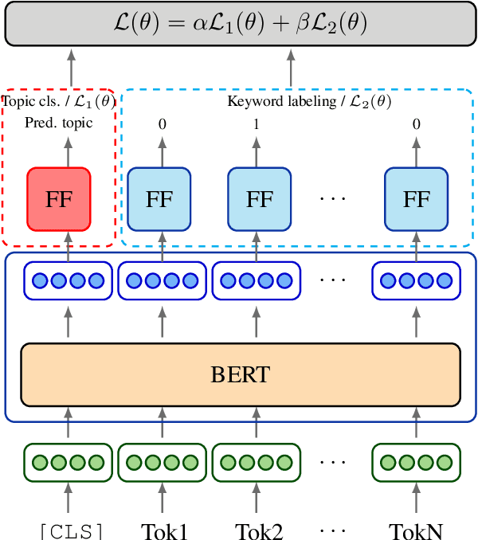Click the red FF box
coord(59,198)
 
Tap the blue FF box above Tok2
coord(259,198)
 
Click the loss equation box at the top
coord(239,23)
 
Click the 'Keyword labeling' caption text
coord(309,101)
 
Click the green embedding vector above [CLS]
coord(66,462)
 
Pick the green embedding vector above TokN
coord(415,462)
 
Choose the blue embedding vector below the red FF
coord(66,280)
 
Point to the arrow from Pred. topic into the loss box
coord(70,68)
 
